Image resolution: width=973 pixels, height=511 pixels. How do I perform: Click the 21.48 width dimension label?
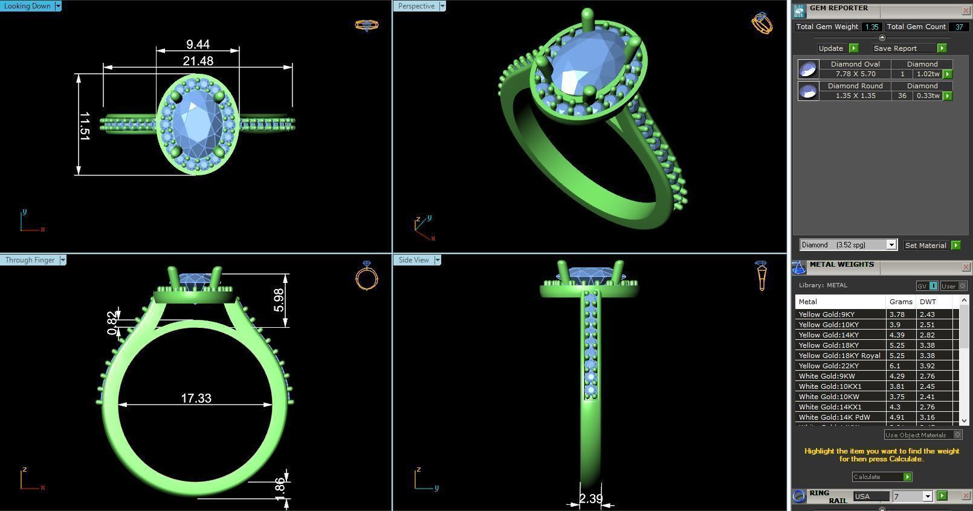pyautogui.click(x=198, y=60)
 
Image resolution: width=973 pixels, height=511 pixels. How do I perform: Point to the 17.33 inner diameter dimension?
pyautogui.click(x=196, y=398)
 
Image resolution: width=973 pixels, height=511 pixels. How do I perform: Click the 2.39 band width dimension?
pyautogui.click(x=590, y=499)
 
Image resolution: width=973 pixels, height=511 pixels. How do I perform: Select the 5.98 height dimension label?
pyautogui.click(x=279, y=300)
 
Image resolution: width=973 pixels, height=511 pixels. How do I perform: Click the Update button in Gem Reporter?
pyautogui.click(x=831, y=48)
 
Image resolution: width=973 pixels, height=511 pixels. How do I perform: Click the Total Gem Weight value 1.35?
pyautogui.click(x=871, y=27)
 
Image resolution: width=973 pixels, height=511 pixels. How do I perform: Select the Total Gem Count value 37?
pyautogui.click(x=958, y=27)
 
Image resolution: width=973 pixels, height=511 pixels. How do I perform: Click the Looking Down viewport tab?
pyautogui.click(x=28, y=6)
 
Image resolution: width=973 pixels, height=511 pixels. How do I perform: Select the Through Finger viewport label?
pyautogui.click(x=30, y=260)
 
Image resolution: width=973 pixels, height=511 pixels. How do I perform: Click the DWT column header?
pyautogui.click(x=928, y=302)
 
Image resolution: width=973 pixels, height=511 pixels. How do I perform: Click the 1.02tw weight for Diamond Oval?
pyautogui.click(x=928, y=74)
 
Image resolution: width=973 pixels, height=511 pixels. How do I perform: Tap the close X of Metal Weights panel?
pyautogui.click(x=966, y=267)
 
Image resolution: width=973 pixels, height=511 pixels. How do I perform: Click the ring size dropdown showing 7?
pyautogui.click(x=913, y=496)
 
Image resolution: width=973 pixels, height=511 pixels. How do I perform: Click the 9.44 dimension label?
pyautogui.click(x=198, y=44)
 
